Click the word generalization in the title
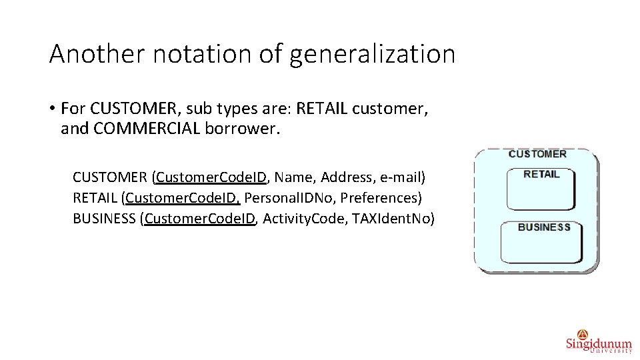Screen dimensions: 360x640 [x=372, y=54]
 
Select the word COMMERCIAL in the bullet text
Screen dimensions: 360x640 [x=147, y=128]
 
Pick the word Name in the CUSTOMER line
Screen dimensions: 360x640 [x=293, y=177]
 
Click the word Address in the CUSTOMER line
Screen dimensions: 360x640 [x=347, y=177]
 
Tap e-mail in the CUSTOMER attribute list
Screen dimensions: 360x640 [x=401, y=177]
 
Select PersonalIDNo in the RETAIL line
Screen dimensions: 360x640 [x=289, y=198]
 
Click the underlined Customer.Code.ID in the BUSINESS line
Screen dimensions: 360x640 [x=200, y=219]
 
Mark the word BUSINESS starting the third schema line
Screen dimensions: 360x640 [x=104, y=219]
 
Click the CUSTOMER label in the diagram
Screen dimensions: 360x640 [x=537, y=154]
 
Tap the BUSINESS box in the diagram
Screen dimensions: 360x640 [x=541, y=241]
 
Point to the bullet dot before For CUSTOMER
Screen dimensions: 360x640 [x=51, y=109]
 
